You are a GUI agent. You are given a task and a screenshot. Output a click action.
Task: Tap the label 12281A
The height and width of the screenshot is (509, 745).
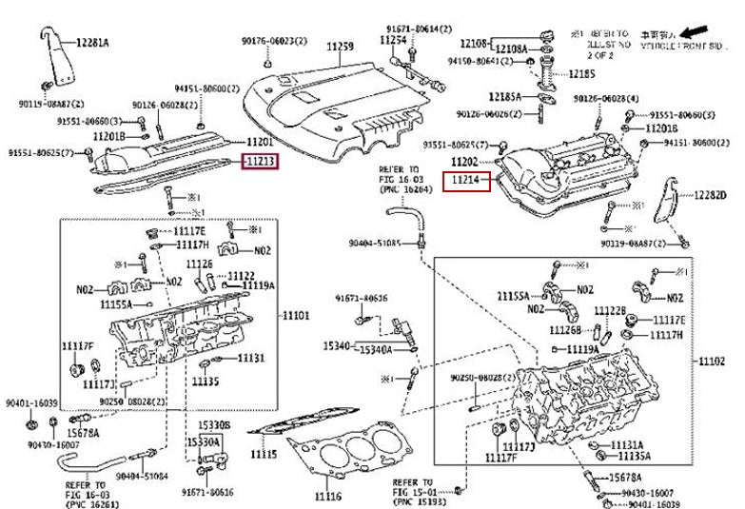pos(92,43)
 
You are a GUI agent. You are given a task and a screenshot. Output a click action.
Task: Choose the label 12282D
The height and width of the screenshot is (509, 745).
pos(709,195)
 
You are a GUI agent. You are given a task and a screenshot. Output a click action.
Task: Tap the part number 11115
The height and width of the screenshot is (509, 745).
pos(264,455)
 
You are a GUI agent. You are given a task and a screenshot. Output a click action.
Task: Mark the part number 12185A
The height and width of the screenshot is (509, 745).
pos(504,96)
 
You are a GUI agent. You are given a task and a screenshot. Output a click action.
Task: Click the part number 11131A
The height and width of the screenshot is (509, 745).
pos(626,444)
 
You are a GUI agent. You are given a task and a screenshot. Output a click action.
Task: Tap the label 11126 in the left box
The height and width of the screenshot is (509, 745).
pos(199,264)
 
